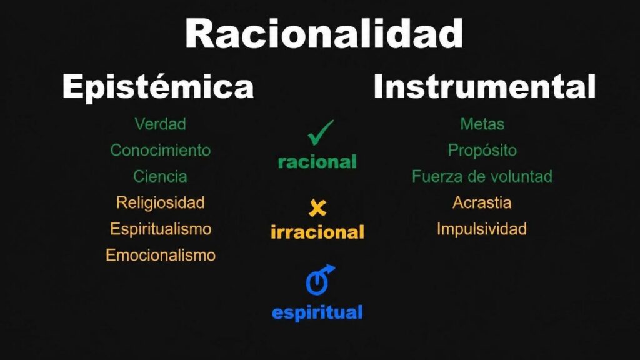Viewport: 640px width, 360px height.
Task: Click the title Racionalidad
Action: [x=324, y=34]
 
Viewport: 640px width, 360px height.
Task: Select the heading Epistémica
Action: [x=158, y=86]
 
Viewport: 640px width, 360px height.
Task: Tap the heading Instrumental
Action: [x=484, y=86]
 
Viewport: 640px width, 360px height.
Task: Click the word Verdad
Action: [x=161, y=124]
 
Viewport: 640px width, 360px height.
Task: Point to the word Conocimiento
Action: [x=161, y=150]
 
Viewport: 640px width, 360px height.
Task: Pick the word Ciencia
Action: [x=160, y=176]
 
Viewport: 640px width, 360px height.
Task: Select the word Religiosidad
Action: [x=161, y=202]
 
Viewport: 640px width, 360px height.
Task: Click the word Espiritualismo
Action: [x=161, y=229]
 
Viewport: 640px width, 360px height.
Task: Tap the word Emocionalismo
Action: [x=161, y=255]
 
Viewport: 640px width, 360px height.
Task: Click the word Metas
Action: [x=482, y=124]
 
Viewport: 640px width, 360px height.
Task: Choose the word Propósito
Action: [x=482, y=151]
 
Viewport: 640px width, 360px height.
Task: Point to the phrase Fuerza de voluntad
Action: [x=482, y=176]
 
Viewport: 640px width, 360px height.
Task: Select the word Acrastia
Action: [x=482, y=202]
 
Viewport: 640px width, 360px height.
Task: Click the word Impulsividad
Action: [x=482, y=229]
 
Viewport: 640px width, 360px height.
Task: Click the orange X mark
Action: [x=317, y=207]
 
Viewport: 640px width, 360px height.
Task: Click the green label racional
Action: [x=317, y=162]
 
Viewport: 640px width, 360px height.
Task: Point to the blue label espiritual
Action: [x=317, y=313]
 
